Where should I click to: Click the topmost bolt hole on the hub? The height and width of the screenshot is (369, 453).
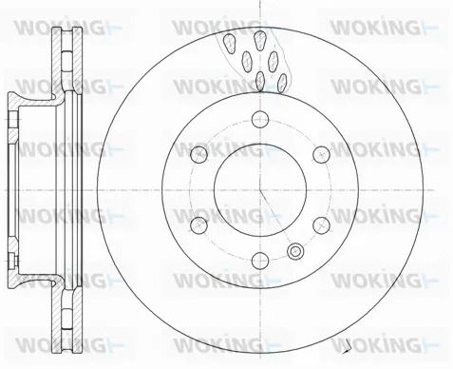[x=260, y=119]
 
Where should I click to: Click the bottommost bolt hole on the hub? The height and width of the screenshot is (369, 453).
[x=260, y=261]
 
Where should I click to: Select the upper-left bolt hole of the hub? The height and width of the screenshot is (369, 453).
[x=199, y=155]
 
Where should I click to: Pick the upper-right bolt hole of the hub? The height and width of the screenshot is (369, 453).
[x=322, y=155]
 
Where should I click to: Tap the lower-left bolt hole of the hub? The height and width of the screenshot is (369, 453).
[x=199, y=225]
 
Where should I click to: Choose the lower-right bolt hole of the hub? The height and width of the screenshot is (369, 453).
[x=322, y=225]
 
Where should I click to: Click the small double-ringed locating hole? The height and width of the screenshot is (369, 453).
[x=295, y=251]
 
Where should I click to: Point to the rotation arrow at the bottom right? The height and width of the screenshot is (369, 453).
[x=348, y=347]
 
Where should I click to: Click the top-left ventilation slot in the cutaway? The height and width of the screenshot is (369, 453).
[x=229, y=44]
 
